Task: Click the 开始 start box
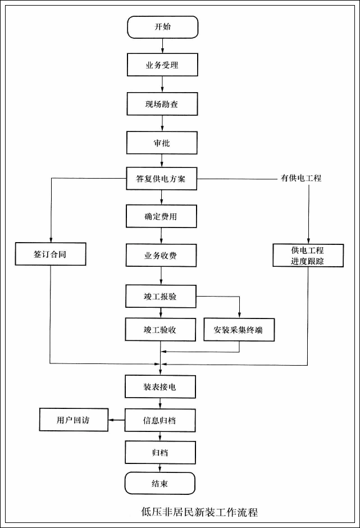[x=162, y=27]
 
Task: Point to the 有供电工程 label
[x=301, y=179]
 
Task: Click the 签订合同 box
[x=51, y=254]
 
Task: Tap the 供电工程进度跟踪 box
[x=307, y=255]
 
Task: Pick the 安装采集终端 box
[x=240, y=330]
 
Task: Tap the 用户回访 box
[x=73, y=420]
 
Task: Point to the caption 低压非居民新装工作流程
[x=200, y=512]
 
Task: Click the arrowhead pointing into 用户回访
[x=111, y=420]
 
